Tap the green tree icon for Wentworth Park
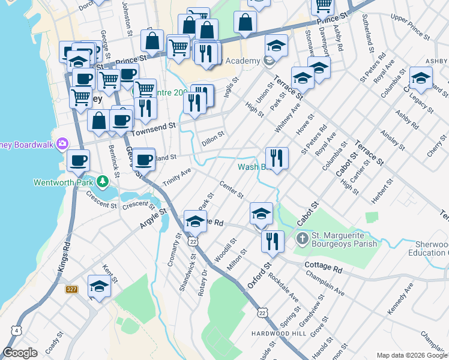pyautogui.click(x=103, y=180)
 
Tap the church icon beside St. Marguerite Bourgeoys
pyautogui.click(x=303, y=239)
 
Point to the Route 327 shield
pyautogui.click(x=72, y=290)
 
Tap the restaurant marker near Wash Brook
pyautogui.click(x=277, y=158)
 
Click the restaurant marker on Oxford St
pyautogui.click(x=273, y=241)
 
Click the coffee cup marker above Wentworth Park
pyautogui.click(x=79, y=161)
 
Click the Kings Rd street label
pyautogui.click(x=65, y=257)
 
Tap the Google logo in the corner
pyautogui.click(x=20, y=353)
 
